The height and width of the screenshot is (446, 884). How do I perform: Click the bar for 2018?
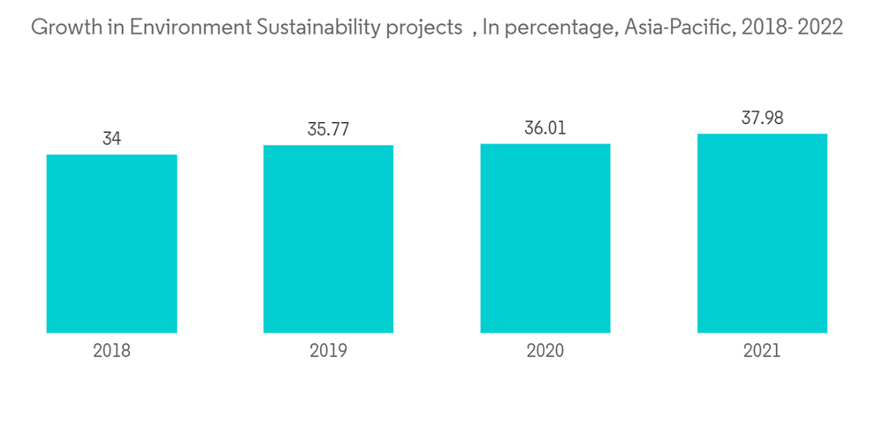click(111, 243)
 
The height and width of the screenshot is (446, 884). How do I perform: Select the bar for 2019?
click(328, 239)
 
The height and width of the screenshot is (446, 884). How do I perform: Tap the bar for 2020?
click(545, 238)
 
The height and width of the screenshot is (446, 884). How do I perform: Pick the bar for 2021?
click(762, 233)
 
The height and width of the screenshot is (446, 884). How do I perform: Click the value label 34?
click(111, 139)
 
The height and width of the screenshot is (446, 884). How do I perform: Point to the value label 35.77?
click(328, 129)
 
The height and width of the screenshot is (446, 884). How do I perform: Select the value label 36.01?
click(545, 128)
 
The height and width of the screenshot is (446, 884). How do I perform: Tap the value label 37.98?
click(762, 118)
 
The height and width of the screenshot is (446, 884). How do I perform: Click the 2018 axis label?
click(111, 350)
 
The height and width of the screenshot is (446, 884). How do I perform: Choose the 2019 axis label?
click(328, 350)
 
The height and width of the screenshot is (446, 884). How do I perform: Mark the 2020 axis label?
click(545, 350)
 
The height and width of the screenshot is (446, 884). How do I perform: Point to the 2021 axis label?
click(762, 350)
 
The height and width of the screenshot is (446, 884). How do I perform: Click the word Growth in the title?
click(63, 27)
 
